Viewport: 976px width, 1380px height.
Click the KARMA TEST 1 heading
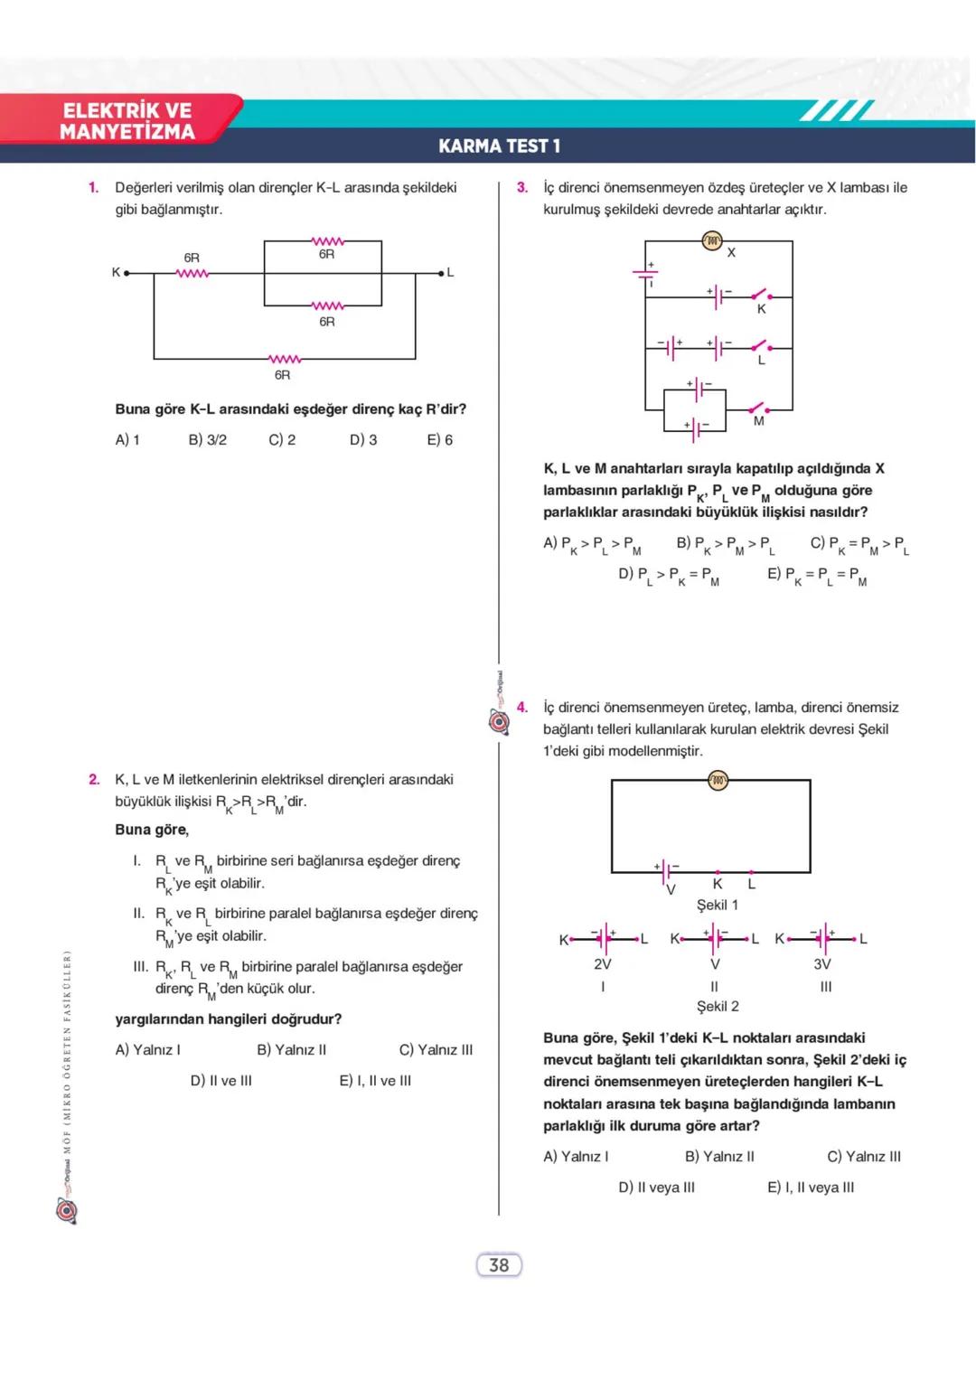pyautogui.click(x=499, y=146)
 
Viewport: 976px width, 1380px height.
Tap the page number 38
pyautogui.click(x=499, y=1265)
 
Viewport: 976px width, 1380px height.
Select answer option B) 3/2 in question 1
pyautogui.click(x=208, y=440)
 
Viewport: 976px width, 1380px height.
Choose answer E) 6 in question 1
pyautogui.click(x=440, y=440)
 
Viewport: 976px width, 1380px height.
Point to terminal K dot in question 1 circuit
pyautogui.click(x=127, y=272)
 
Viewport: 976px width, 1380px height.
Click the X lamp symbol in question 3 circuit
pyautogui.click(x=712, y=240)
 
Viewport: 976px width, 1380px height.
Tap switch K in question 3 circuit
pyautogui.click(x=761, y=295)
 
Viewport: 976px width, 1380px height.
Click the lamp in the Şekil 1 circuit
pyautogui.click(x=718, y=781)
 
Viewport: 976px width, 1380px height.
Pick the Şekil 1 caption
pyautogui.click(x=718, y=905)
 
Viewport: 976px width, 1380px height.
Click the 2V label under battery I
pyautogui.click(x=603, y=964)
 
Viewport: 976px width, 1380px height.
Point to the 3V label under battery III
pyautogui.click(x=822, y=964)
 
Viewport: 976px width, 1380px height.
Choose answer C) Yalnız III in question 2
pyautogui.click(x=436, y=1050)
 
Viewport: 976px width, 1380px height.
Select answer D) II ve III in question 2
pyautogui.click(x=221, y=1081)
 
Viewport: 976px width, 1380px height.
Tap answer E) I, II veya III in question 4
pyautogui.click(x=811, y=1188)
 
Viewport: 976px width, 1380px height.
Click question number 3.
pyautogui.click(x=521, y=188)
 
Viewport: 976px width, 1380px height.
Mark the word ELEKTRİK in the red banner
pyautogui.click(x=127, y=110)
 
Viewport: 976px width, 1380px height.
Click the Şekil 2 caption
pyautogui.click(x=718, y=1007)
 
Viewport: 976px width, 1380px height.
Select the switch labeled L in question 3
pyautogui.click(x=761, y=347)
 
